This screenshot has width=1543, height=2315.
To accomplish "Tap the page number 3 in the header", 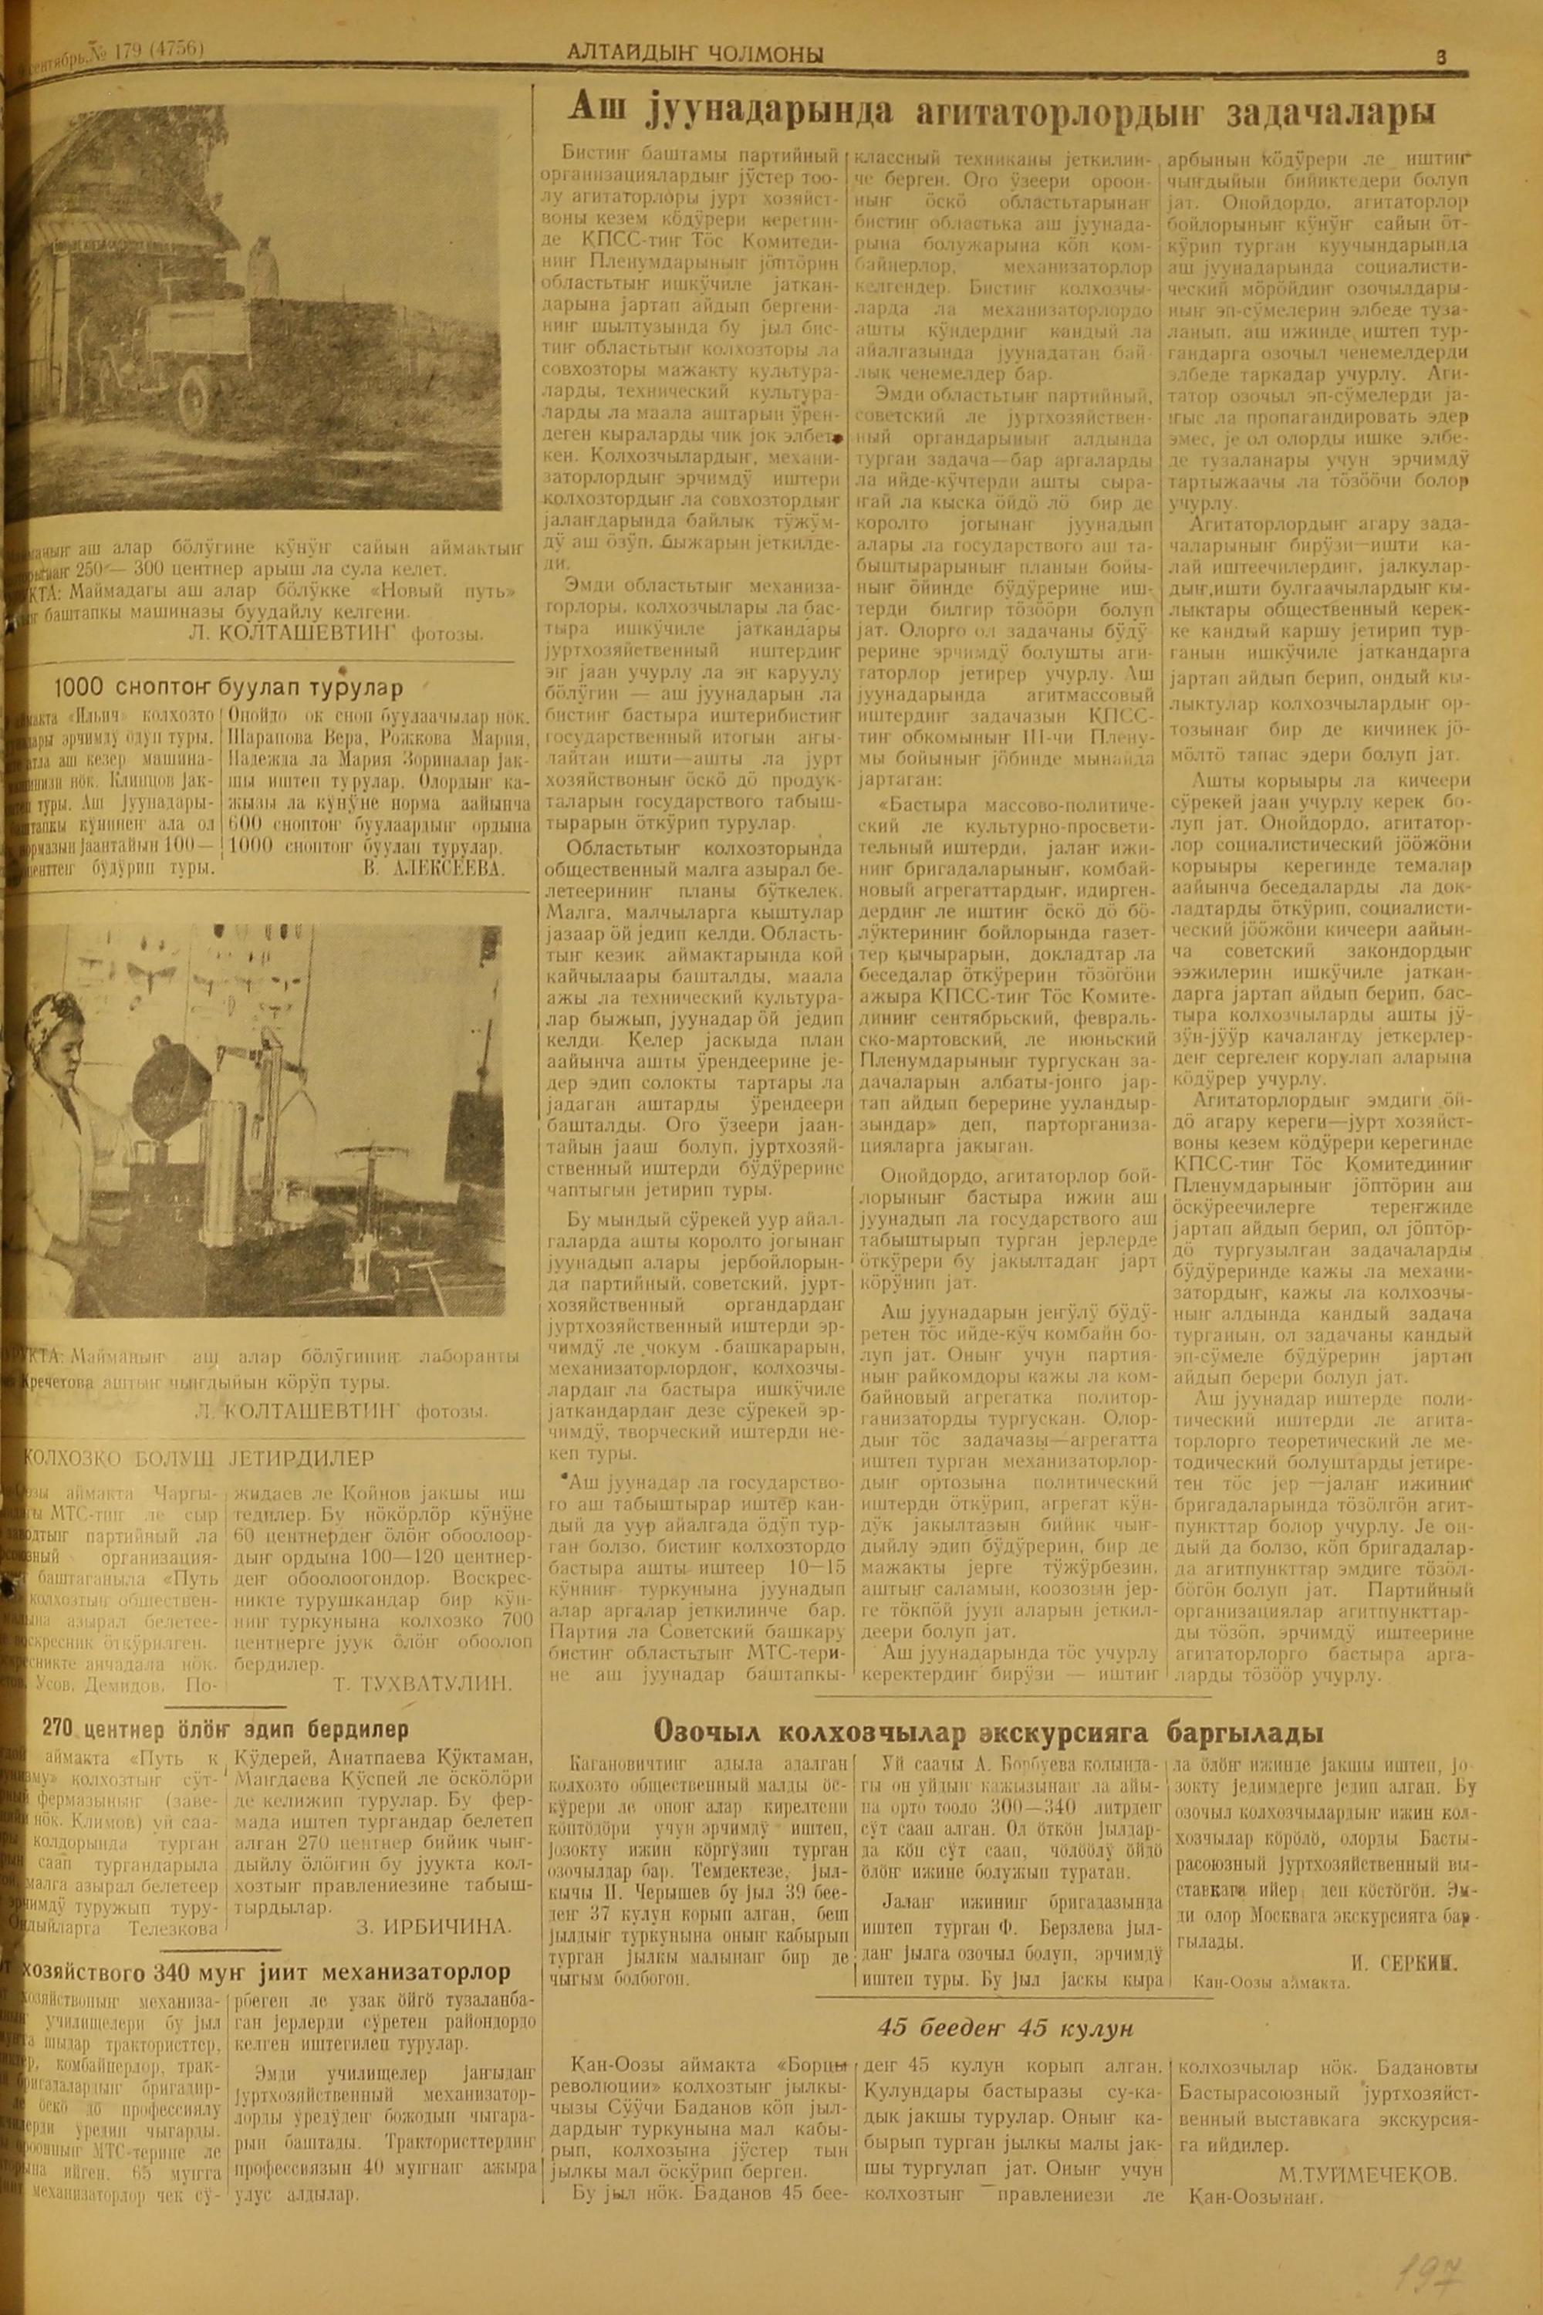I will pos(1440,57).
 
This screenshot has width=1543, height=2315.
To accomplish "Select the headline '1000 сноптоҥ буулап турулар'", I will pos(228,686).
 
